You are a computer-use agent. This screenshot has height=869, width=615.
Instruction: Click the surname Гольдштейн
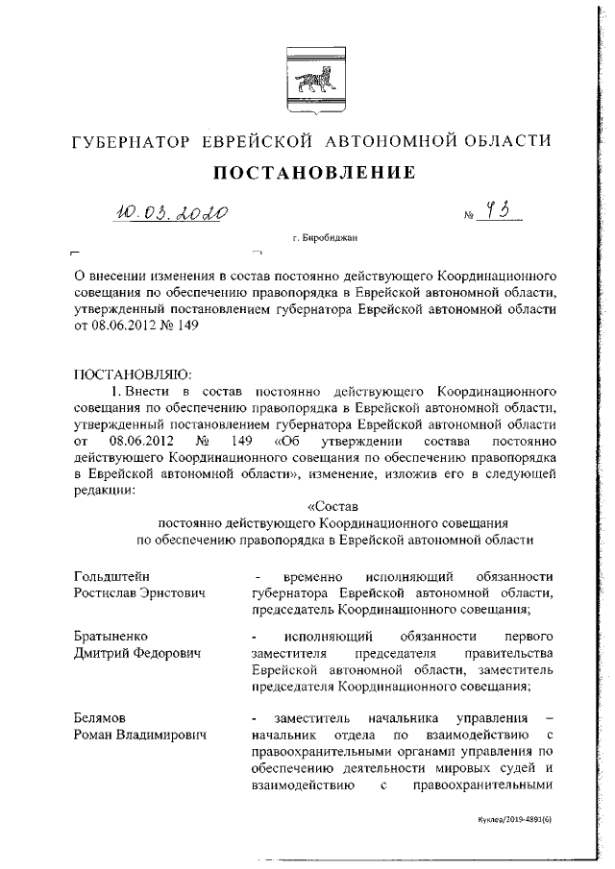111,576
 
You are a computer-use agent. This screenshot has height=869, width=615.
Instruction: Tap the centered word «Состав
332,505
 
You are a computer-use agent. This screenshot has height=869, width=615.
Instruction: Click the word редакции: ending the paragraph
105,490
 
